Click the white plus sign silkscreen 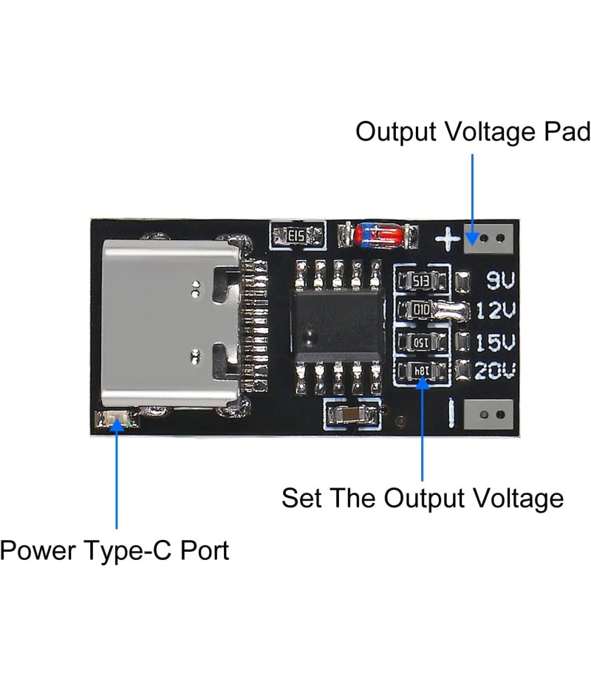447,239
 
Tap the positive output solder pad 488,238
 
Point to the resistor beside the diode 298,236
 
